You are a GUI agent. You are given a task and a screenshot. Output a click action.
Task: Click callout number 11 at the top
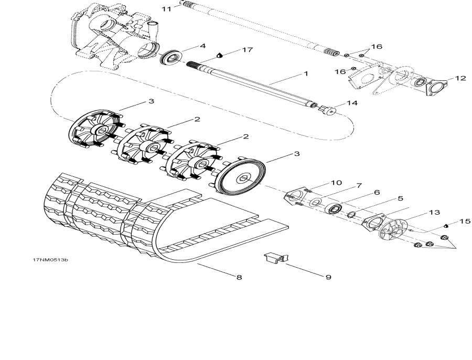pyautogui.click(x=166, y=9)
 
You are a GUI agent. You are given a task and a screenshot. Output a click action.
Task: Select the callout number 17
pyautogui.click(x=247, y=50)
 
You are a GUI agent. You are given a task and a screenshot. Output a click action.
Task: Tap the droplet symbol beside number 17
pyautogui.click(x=220, y=55)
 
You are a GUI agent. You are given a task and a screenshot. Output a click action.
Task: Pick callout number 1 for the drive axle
pyautogui.click(x=305, y=74)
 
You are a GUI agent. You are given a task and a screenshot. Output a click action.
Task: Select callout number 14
pyautogui.click(x=351, y=103)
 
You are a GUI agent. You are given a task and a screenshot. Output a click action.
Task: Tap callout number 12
pyautogui.click(x=460, y=78)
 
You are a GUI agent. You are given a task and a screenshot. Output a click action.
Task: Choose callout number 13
pyautogui.click(x=434, y=213)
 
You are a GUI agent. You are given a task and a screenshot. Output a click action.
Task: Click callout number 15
pyautogui.click(x=465, y=221)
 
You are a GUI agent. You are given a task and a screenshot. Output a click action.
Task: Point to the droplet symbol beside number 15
pyautogui.click(x=445, y=226)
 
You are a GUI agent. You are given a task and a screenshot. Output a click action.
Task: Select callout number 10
pyautogui.click(x=336, y=183)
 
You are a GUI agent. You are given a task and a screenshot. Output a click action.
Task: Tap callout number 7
pyautogui.click(x=359, y=186)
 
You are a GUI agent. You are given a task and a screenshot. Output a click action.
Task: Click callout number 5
pyautogui.click(x=400, y=199)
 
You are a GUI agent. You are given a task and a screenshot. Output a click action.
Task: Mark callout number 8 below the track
pyautogui.click(x=239, y=277)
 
